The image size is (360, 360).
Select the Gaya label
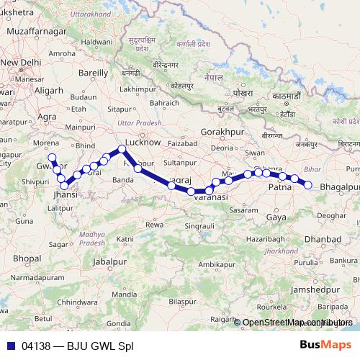click(276, 216)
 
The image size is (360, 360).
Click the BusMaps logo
click(328, 345)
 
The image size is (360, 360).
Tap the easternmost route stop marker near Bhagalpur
click(308, 185)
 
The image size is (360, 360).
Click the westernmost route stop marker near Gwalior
click(51, 158)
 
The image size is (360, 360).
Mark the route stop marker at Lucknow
click(122, 150)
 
